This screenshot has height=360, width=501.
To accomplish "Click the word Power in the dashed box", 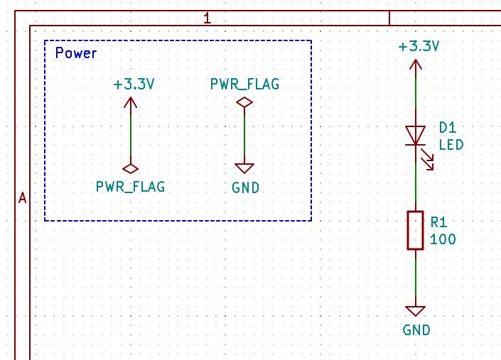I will [76, 53].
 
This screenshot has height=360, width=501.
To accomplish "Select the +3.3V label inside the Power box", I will [134, 84].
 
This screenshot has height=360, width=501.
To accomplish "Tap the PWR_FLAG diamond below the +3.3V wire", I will [131, 169].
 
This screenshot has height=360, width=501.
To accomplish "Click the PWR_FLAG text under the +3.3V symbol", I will [131, 187].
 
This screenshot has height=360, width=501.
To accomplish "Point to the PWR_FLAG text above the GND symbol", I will [244, 84].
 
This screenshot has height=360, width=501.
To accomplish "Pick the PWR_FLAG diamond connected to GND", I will [244, 103].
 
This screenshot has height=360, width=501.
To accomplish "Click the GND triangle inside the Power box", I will [244, 168].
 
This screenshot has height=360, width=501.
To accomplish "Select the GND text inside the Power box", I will [245, 188].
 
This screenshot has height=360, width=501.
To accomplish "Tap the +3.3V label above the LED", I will [419, 47].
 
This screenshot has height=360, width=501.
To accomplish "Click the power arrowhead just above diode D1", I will [415, 65].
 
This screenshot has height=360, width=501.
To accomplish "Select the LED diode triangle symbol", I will [415, 135].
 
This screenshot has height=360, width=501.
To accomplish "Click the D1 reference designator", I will [447, 128].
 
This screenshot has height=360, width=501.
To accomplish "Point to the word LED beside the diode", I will [451, 145].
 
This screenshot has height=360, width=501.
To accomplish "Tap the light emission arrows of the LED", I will [427, 162].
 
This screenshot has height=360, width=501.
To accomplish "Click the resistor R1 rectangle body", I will [415, 230].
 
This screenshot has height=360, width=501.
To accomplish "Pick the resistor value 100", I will [443, 239].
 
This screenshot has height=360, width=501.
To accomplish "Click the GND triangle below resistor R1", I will [415, 311].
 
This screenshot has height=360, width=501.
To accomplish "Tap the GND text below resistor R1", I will [416, 330].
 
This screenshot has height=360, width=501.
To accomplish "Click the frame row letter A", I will [22, 198].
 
